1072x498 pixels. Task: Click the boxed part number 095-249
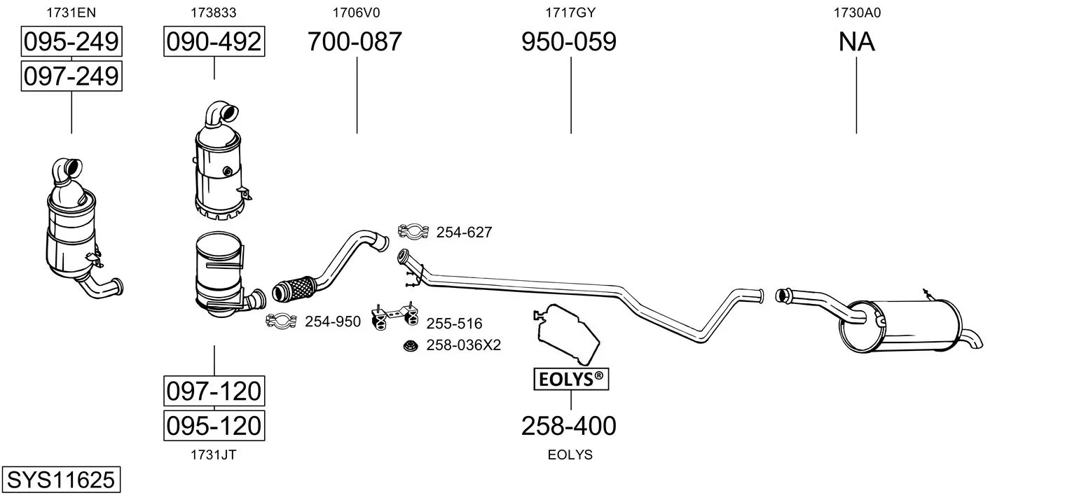(x=71, y=41)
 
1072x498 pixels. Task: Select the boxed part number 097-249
(x=71, y=76)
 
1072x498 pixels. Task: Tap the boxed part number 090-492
(x=214, y=41)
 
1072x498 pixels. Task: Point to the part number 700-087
(x=355, y=41)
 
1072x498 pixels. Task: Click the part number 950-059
(x=569, y=41)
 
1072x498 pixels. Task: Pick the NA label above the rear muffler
(x=857, y=41)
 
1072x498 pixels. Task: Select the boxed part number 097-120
(x=214, y=391)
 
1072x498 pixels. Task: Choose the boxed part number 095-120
(x=214, y=425)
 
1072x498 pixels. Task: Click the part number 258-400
(x=569, y=426)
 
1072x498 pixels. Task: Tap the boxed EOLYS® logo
(x=571, y=379)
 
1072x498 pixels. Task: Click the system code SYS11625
(x=61, y=479)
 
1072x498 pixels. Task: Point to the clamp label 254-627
(x=465, y=232)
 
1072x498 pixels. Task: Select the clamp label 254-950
(x=333, y=321)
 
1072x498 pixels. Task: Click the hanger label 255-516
(x=454, y=324)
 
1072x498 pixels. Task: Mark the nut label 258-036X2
(x=464, y=345)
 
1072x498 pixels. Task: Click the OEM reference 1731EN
(x=71, y=13)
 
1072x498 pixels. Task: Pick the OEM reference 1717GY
(x=570, y=13)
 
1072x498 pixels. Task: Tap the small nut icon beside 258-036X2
(x=411, y=345)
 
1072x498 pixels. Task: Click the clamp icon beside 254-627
(x=413, y=232)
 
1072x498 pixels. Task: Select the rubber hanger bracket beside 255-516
(x=395, y=316)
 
